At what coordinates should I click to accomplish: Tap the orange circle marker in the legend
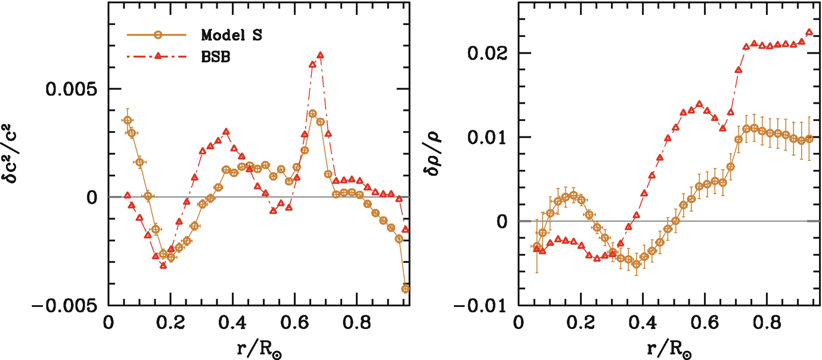(157, 35)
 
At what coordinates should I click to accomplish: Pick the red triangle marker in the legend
(157, 56)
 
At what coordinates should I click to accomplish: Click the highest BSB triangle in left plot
(320, 55)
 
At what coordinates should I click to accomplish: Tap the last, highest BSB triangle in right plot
(809, 32)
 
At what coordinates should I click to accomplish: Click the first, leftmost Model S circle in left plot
(127, 120)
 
